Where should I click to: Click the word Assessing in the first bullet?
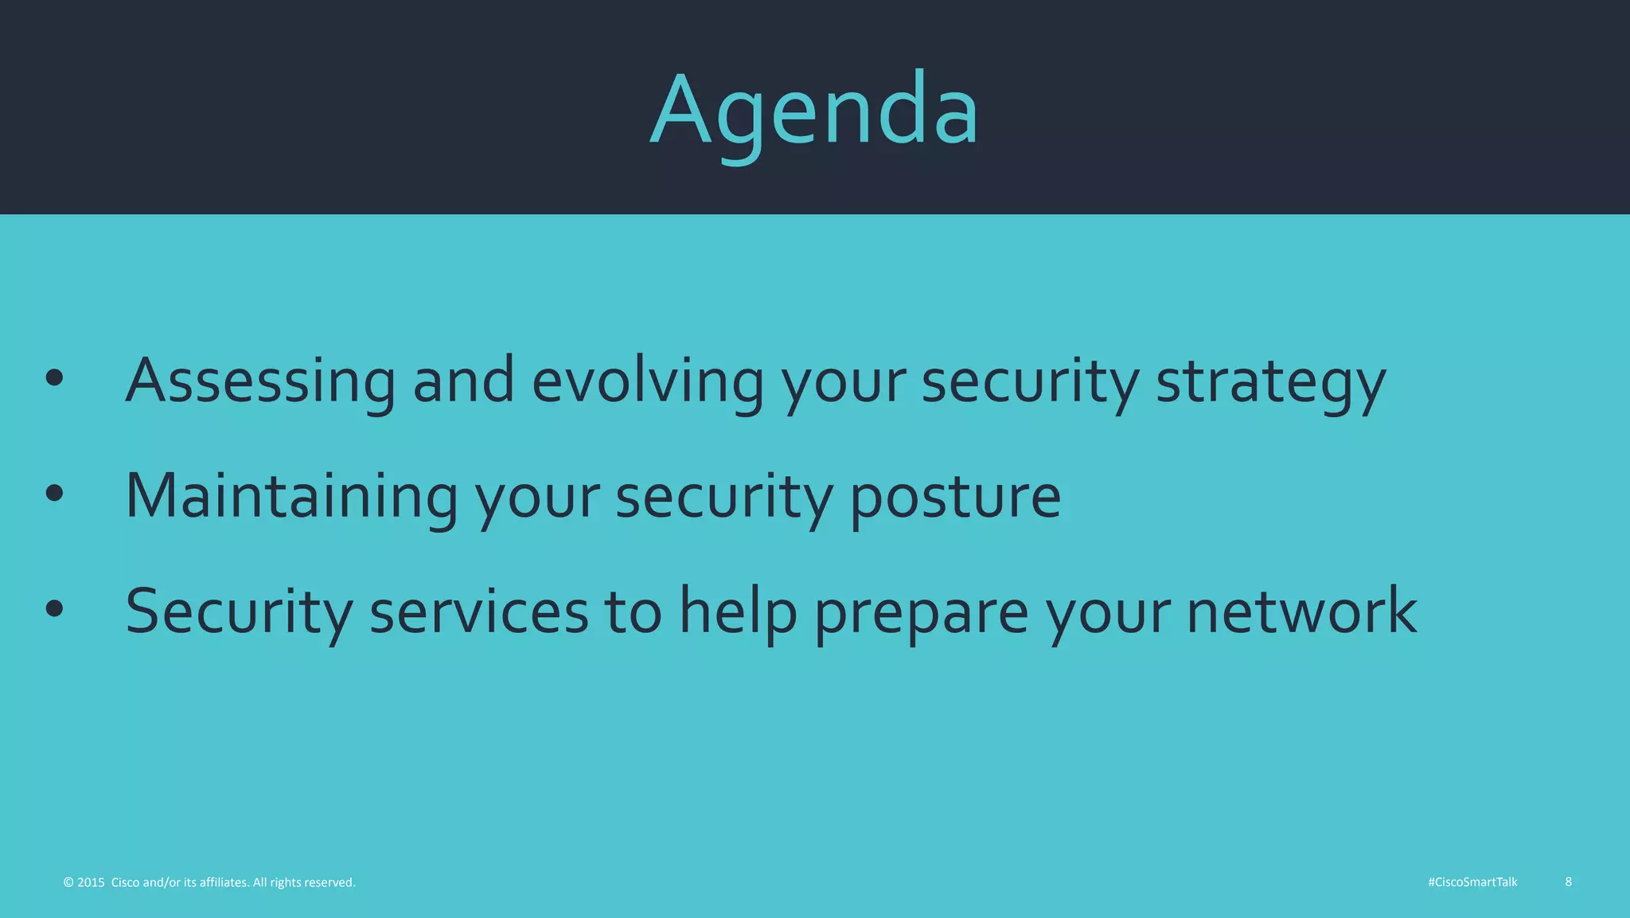pyautogui.click(x=260, y=381)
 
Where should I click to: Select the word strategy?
pyautogui.click(x=1271, y=381)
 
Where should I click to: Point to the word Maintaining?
pyautogui.click(x=291, y=496)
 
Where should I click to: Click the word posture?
pyautogui.click(x=955, y=496)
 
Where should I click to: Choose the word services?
pyautogui.click(x=479, y=611)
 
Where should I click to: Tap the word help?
pyautogui.click(x=738, y=611)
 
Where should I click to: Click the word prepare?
pyautogui.click(x=922, y=611)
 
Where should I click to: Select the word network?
pyautogui.click(x=1302, y=611)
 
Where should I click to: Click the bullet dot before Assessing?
pyautogui.click(x=54, y=379)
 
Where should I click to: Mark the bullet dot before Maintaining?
pyautogui.click(x=54, y=494)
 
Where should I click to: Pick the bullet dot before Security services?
pyautogui.click(x=54, y=609)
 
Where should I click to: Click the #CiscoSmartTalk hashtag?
pyautogui.click(x=1472, y=882)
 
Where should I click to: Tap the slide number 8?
pyautogui.click(x=1568, y=881)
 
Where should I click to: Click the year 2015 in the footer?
pyautogui.click(x=91, y=882)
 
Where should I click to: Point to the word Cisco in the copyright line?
pyautogui.click(x=125, y=882)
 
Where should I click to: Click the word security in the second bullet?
pyautogui.click(x=723, y=496)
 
